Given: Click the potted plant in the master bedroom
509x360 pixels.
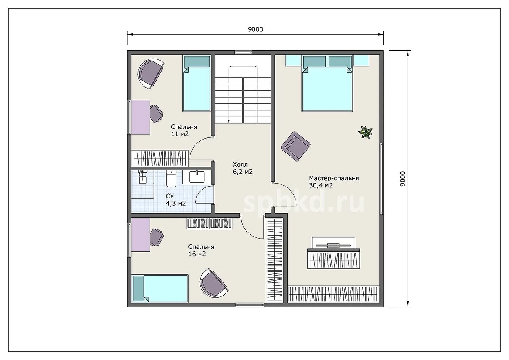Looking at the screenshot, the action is [365, 132].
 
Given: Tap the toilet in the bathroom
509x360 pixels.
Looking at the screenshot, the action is [171, 179].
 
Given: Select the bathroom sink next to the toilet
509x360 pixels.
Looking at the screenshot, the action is [197, 177].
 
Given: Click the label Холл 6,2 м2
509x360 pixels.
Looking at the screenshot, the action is [243, 168].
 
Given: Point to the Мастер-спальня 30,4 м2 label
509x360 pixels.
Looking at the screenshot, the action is [334, 182].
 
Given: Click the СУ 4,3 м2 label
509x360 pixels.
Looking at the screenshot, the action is [176, 199].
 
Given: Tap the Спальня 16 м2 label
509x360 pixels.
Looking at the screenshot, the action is [201, 250].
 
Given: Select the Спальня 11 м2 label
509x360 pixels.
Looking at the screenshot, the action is [184, 130].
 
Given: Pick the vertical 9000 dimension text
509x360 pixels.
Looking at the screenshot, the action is [403, 179].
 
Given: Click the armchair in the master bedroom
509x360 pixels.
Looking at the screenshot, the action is [296, 146].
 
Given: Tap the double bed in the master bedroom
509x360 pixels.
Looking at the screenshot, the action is [327, 83].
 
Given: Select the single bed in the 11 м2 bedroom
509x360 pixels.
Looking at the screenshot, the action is [196, 84].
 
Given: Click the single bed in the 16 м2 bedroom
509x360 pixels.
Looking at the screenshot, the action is [160, 288].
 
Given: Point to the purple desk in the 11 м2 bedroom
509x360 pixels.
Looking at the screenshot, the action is [141, 117].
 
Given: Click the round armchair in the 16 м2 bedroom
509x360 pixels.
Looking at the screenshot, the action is [214, 283].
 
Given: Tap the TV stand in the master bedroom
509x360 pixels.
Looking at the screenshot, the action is [333, 253].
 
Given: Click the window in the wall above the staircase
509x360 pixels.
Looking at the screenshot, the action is [243, 53].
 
